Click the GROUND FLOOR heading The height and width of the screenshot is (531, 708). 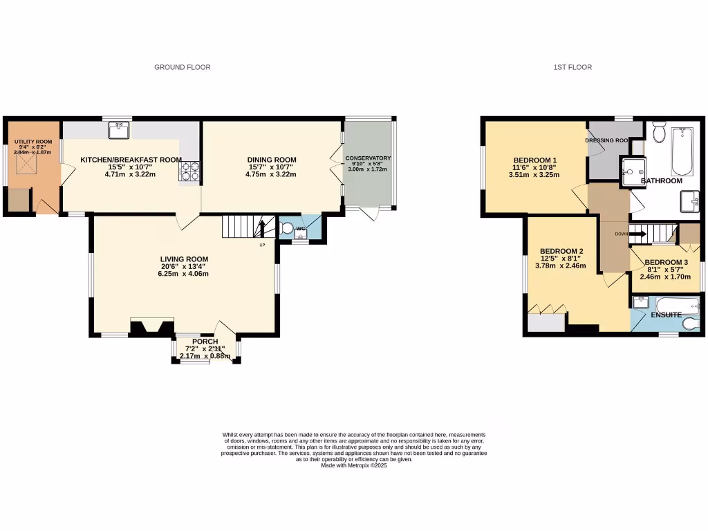182,67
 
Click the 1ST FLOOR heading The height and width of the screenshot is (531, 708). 572,67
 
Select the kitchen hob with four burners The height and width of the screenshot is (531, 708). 189,171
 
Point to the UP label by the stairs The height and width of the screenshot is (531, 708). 261,245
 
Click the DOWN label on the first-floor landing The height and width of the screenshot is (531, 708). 621,234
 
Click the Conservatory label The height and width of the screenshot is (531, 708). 369,158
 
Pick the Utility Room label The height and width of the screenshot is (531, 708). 33,142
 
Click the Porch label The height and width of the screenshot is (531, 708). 205,342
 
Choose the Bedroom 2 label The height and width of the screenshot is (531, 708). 561,251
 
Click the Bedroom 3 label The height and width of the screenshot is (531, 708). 666,262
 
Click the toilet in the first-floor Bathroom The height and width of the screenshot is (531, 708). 658,131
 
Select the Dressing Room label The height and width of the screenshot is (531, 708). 606,140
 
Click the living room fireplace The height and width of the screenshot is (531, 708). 152,327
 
